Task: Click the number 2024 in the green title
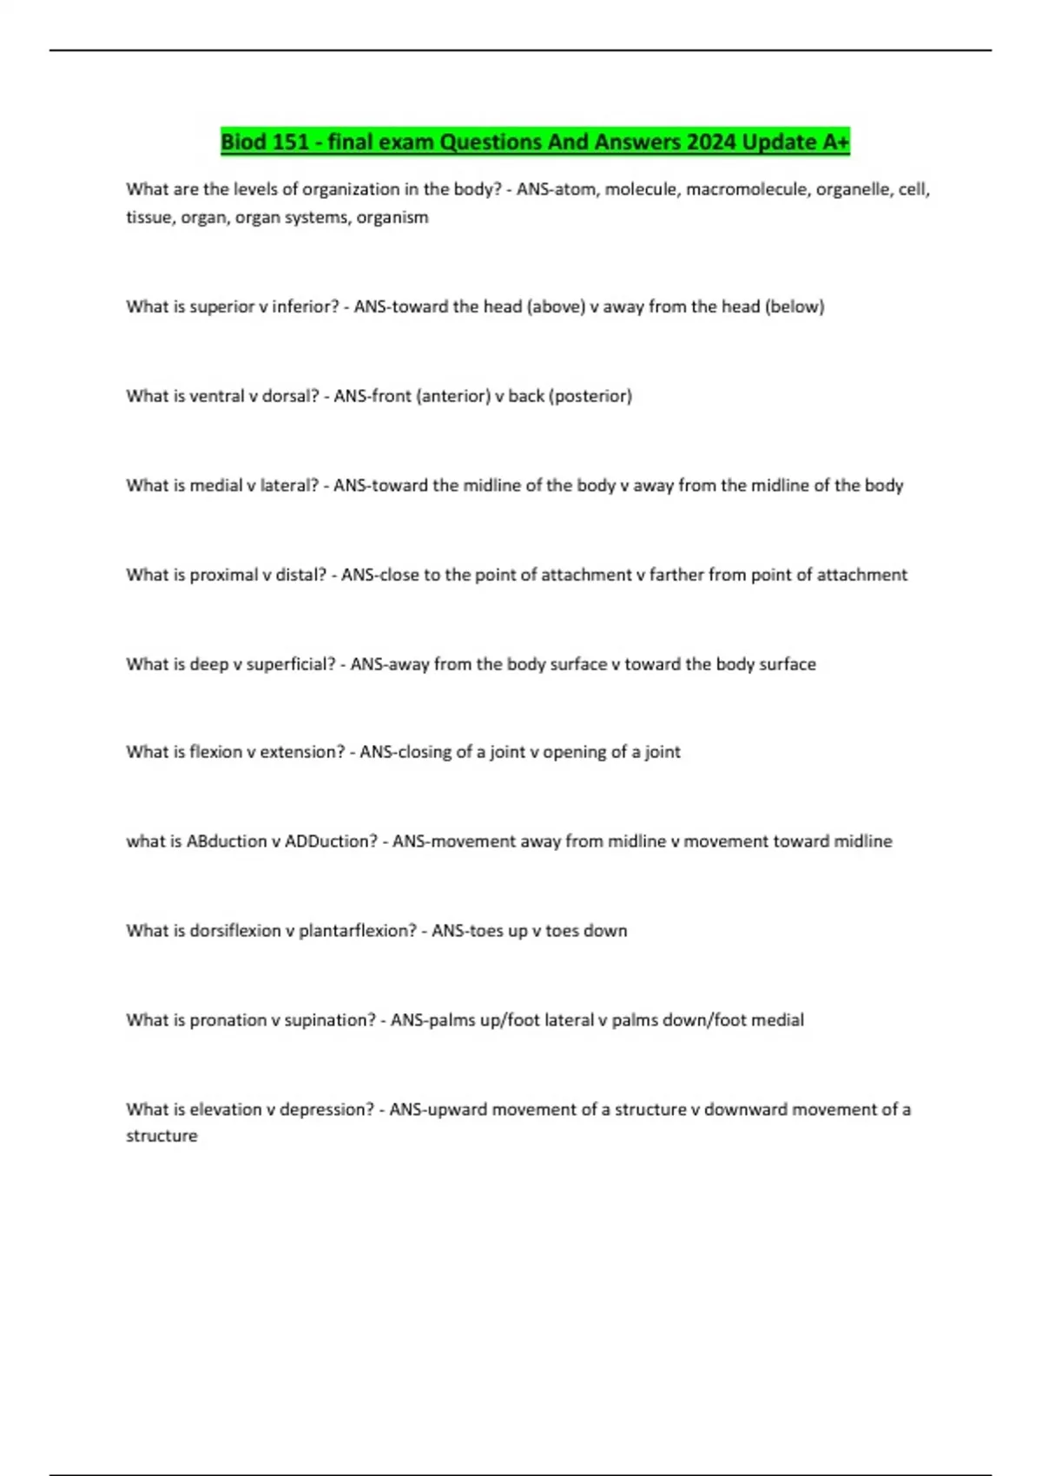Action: coord(710,142)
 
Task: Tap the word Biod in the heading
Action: coord(243,142)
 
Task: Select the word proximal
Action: coord(223,575)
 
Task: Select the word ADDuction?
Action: coord(331,841)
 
